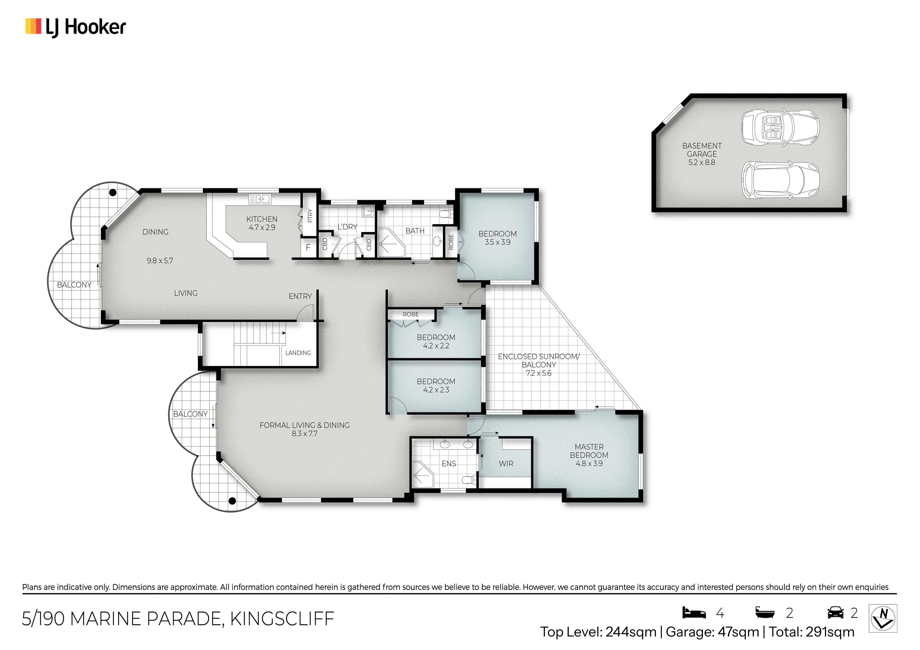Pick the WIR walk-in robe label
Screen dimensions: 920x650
tap(506, 463)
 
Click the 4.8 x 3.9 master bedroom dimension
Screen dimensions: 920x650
tap(589, 463)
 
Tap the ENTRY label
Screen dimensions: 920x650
tap(300, 296)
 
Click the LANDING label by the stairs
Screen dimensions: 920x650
tap(298, 353)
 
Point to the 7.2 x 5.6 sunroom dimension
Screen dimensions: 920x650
tap(539, 373)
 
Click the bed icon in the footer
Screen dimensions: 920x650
tap(694, 612)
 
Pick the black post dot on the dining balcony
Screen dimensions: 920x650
tap(113, 193)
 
